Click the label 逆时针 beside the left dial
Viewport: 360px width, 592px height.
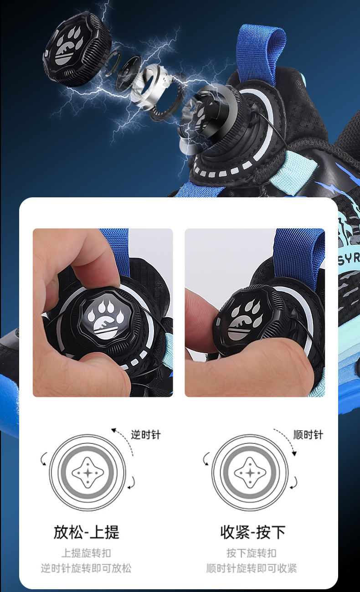146,435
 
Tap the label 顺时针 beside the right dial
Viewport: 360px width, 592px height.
308,435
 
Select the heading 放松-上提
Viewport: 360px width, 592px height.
87,532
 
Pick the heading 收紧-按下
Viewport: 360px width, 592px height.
253,532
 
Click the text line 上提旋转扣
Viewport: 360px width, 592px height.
87,553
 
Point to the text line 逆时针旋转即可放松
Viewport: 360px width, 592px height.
86,568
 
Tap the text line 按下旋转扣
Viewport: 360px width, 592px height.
252,553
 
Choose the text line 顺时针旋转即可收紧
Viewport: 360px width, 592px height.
252,568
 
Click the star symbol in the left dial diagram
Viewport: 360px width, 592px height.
88,473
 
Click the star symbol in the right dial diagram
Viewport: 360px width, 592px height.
250,473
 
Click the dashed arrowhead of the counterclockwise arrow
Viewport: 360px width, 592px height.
114,430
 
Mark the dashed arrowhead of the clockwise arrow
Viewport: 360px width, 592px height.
294,453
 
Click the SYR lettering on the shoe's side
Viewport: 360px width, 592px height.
349,258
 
